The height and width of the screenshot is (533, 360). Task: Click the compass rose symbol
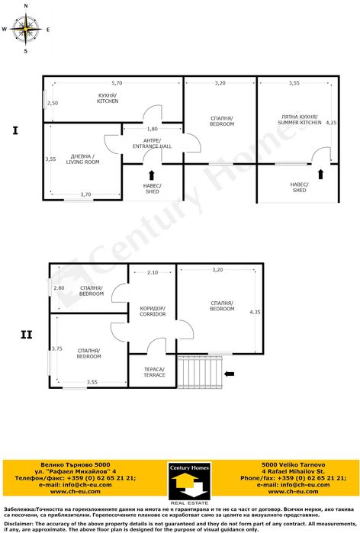pyautogui.click(x=26, y=30)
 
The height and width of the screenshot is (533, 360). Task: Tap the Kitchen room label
pyautogui.click(x=108, y=98)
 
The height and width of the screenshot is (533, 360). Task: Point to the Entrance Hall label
pyautogui.click(x=153, y=143)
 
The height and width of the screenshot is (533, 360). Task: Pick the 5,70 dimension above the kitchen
pyautogui.click(x=117, y=82)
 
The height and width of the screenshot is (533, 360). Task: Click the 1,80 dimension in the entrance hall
pyautogui.click(x=153, y=129)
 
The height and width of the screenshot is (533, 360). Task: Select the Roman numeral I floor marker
pyautogui.click(x=15, y=131)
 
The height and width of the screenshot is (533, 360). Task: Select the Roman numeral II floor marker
pyautogui.click(x=25, y=333)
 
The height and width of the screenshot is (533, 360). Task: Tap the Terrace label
pyautogui.click(x=155, y=371)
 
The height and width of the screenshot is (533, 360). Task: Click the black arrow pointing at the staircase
pyautogui.click(x=231, y=373)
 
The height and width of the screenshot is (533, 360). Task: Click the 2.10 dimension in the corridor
pyautogui.click(x=153, y=272)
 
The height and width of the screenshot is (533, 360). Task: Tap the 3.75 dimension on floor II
pyautogui.click(x=56, y=348)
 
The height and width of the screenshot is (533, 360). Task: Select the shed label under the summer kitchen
pyautogui.click(x=299, y=187)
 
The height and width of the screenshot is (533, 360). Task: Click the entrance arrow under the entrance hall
pyautogui.click(x=151, y=174)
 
